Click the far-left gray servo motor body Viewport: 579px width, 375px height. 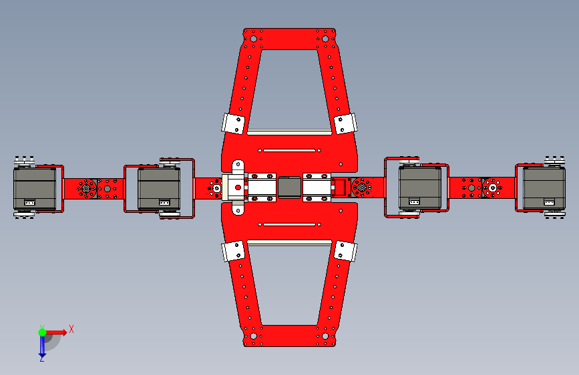point(35,189)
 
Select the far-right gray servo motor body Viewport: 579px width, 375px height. point(544,189)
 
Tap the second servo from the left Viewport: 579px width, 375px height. point(159,189)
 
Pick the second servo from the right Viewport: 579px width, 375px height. point(420,188)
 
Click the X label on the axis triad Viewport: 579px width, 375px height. point(71,329)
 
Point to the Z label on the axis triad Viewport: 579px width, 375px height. point(41,358)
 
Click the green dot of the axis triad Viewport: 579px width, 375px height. point(42,332)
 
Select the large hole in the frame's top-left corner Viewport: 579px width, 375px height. point(254,39)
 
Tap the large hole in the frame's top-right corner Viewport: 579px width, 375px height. point(325,39)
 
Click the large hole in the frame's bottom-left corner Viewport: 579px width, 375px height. point(254,336)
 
